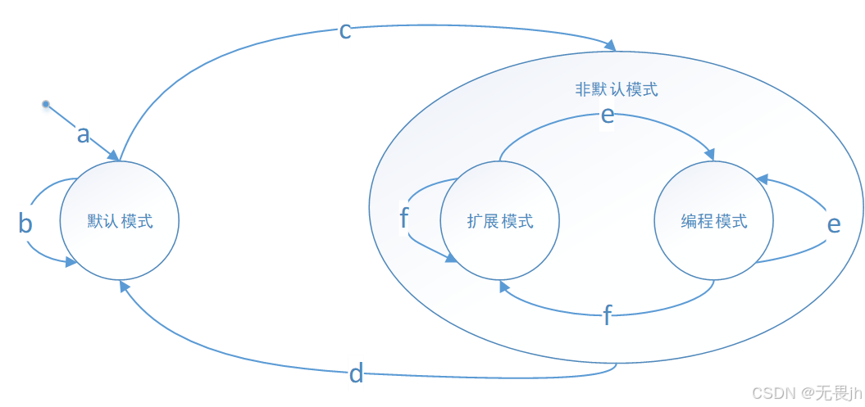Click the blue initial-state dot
tap(47, 107)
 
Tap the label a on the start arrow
tap(83, 133)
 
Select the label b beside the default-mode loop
tap(25, 224)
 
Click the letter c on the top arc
tap(345, 31)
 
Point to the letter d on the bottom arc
tap(356, 374)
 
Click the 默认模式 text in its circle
tap(120, 221)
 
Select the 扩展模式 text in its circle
tap(500, 221)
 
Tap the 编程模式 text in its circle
tap(714, 221)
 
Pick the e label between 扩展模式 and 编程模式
tap(607, 115)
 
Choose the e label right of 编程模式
tap(833, 224)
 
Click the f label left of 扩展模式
tap(403, 218)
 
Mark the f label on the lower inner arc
tap(607, 315)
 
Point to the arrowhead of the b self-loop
tap(72, 262)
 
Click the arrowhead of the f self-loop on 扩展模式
tap(451, 258)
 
